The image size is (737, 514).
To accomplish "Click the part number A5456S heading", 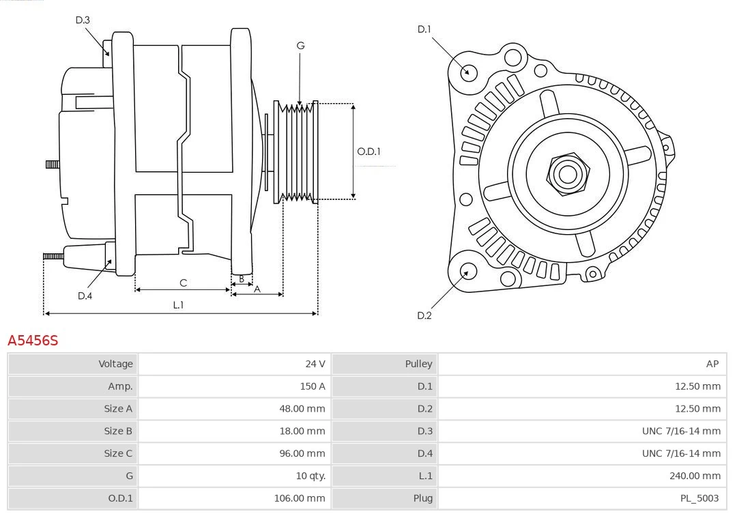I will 33,340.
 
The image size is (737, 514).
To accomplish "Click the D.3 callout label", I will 83,20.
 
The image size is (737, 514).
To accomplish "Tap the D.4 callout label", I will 85,296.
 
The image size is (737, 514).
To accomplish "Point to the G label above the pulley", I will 300,46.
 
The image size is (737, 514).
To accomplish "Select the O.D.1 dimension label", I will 369,152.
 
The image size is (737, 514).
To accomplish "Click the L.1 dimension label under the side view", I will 178,305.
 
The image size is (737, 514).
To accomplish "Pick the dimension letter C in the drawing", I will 183,283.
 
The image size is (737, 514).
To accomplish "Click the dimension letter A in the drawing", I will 257,289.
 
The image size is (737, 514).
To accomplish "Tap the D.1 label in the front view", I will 424,29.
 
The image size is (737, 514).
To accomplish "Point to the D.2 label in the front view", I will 424,315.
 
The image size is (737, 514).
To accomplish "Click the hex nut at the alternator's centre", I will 568,173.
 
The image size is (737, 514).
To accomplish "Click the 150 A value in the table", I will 313,386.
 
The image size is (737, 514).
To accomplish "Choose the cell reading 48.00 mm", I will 300,409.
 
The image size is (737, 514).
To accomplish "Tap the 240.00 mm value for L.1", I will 694,476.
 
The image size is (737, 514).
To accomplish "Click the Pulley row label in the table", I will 418,364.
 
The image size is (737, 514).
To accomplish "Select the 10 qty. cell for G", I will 310,476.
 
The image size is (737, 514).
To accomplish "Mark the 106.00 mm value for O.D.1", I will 300,498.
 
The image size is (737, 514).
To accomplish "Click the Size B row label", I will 118,431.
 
